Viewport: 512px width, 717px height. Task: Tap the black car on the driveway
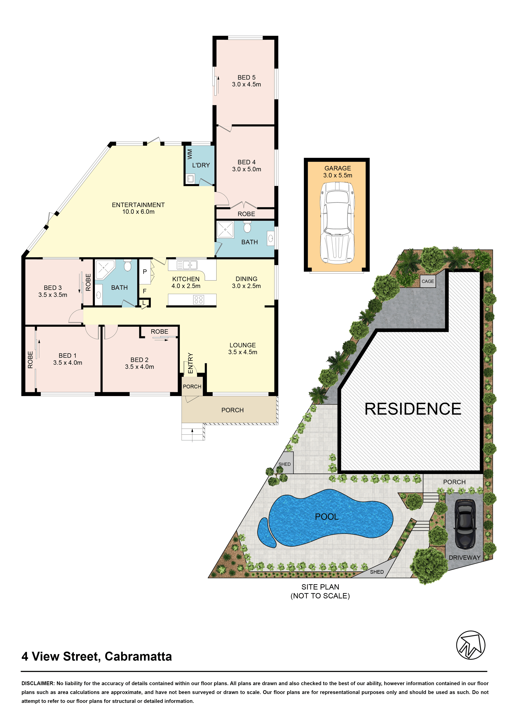point(465,524)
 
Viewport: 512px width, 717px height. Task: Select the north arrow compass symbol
point(471,645)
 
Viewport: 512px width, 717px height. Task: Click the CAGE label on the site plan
point(428,281)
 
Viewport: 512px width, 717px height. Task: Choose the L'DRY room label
point(201,165)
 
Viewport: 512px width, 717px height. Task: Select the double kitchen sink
point(187,265)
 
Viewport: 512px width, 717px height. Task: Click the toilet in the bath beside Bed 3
point(127,265)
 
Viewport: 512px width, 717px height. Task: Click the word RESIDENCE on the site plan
point(413,409)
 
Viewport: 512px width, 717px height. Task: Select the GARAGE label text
point(338,168)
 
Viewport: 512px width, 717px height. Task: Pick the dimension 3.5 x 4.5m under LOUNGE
point(243,352)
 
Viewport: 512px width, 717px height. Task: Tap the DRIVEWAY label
point(465,557)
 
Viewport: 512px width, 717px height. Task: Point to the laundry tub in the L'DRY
point(190,179)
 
